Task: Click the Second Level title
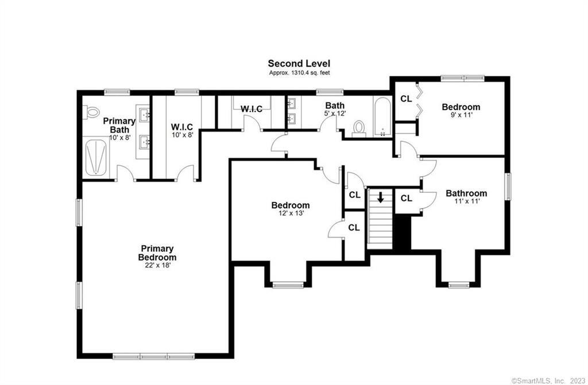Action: [x=299, y=64]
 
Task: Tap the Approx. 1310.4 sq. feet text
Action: [x=299, y=73]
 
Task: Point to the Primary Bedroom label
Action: [x=157, y=253]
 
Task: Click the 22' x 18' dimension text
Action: [x=157, y=266]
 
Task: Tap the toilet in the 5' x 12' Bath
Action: [x=359, y=127]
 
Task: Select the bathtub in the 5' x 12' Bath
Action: [x=382, y=117]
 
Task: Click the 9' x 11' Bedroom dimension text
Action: [x=461, y=115]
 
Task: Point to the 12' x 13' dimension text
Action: [x=291, y=213]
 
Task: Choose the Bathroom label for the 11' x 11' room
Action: [x=466, y=193]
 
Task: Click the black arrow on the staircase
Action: [x=380, y=198]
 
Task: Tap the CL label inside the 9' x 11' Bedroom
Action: [x=406, y=99]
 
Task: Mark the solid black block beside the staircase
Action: [x=402, y=232]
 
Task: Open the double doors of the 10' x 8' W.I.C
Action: [x=185, y=173]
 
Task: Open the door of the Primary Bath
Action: [x=125, y=173]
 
